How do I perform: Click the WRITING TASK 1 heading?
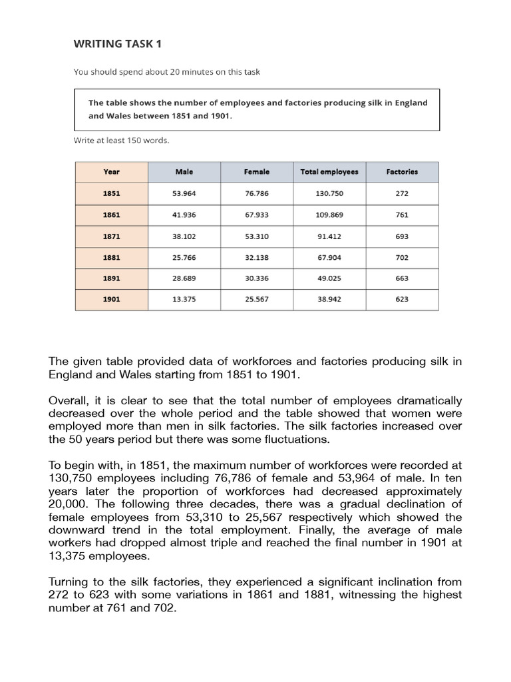117,44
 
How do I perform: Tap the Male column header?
184,172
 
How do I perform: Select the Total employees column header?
329,172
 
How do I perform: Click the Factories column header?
402,172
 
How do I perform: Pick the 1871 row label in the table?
112,236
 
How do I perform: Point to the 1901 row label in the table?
112,300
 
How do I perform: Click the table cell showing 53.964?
184,194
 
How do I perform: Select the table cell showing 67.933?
257,215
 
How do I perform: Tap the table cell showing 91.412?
329,236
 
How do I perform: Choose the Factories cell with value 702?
402,258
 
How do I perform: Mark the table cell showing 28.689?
184,278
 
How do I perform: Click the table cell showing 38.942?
329,300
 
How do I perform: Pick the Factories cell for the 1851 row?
402,194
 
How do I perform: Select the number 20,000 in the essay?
70,504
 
